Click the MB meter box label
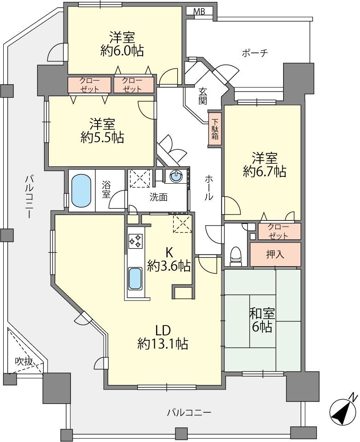(x=199, y=12)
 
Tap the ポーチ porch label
(x=255, y=53)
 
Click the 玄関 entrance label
(x=203, y=96)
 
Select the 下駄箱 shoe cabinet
(x=215, y=129)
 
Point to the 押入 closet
(x=275, y=255)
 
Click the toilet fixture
(x=236, y=256)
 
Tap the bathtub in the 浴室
(x=81, y=190)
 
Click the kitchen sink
(x=135, y=279)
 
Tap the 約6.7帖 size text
(x=264, y=171)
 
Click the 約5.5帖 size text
(x=102, y=138)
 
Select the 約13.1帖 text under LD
(x=163, y=343)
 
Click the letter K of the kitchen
(x=169, y=253)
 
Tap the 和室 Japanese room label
(x=262, y=313)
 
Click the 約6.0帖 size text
(x=122, y=51)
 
